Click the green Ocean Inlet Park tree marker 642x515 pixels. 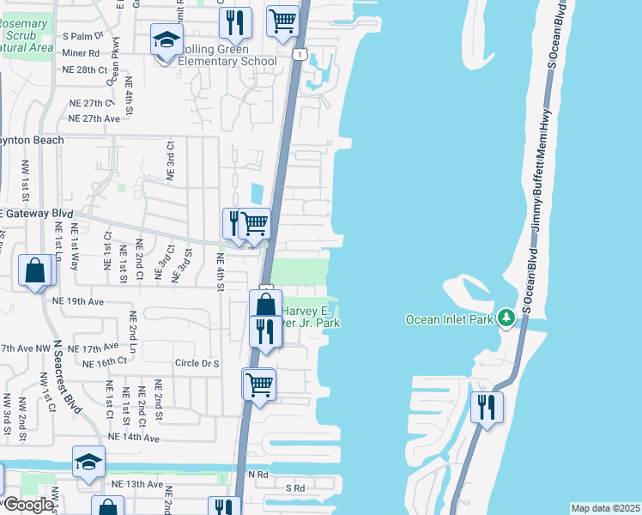(506, 318)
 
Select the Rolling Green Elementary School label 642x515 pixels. (227, 61)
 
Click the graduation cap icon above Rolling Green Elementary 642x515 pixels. (167, 40)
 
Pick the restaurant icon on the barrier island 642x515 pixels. (488, 407)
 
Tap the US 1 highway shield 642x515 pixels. (298, 54)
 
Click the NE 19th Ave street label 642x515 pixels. (77, 301)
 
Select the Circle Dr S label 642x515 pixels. (197, 363)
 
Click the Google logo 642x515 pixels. (27, 505)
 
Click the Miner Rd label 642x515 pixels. (82, 52)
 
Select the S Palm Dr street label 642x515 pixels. (83, 36)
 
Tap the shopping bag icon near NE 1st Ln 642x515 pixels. (35, 271)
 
